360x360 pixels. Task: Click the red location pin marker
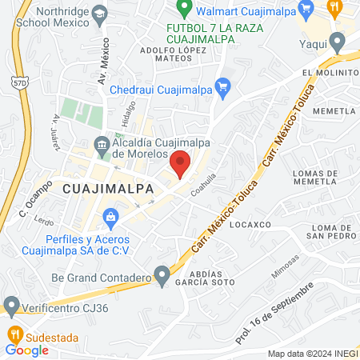click(181, 162)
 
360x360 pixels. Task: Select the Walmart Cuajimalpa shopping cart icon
click(304, 10)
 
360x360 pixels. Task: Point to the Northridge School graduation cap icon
click(99, 14)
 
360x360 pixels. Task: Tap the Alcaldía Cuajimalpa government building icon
click(101, 146)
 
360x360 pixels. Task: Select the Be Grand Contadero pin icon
click(162, 278)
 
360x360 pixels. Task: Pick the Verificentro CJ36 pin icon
click(11, 306)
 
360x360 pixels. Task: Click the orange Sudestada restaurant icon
click(13, 333)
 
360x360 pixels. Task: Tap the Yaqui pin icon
click(337, 41)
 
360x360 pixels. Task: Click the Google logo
click(27, 350)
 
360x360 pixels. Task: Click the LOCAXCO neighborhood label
click(246, 226)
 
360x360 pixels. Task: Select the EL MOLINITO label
click(328, 72)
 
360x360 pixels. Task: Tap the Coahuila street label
click(205, 186)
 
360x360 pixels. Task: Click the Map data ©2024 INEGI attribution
click(311, 354)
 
